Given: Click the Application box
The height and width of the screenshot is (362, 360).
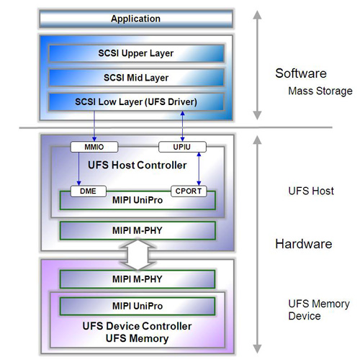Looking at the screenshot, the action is tap(136, 19).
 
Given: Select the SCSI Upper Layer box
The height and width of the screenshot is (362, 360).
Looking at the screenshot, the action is tap(136, 53).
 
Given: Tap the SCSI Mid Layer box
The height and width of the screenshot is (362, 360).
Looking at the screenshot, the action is tap(136, 78).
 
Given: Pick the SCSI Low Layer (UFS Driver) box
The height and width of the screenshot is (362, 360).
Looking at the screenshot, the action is tap(136, 102).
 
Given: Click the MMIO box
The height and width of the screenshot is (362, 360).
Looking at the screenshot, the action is tap(94, 147).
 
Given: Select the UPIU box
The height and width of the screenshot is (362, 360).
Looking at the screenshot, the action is tap(182, 147).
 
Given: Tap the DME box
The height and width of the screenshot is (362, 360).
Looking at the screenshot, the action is tap(89, 191).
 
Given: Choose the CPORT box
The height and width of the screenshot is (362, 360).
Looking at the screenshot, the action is tap(189, 191).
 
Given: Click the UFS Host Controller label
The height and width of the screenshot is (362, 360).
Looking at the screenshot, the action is tap(138, 166).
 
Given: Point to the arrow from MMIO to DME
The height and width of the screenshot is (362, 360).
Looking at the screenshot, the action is tap(78, 169).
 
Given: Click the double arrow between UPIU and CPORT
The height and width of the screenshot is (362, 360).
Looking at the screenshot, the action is tap(199, 169).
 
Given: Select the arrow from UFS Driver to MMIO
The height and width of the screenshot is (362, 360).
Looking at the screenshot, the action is tap(94, 126).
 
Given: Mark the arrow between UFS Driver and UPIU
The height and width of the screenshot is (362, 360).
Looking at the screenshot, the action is tap(182, 126).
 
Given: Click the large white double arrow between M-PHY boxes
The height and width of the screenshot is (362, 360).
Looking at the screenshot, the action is tap(138, 255).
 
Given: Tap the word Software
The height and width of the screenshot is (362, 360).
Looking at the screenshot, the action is tap(301, 73).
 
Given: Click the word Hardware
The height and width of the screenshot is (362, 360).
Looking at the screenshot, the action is tap(304, 244).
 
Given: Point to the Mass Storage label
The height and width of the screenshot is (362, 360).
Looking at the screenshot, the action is tap(320, 91).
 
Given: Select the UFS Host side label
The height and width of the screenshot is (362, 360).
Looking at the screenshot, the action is tap(311, 191).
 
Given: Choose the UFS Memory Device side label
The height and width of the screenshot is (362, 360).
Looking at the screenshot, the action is tap(319, 310).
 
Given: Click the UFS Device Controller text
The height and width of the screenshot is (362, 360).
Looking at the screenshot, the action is tap(137, 326).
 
